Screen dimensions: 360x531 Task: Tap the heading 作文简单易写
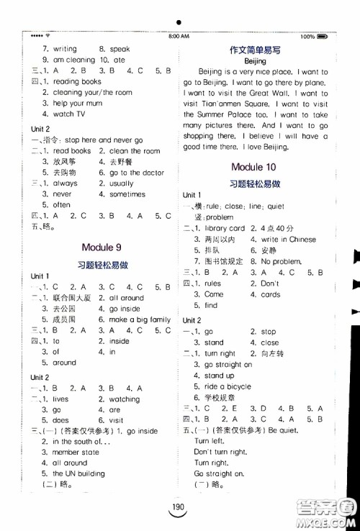(255, 50)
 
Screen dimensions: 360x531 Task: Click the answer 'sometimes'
(127, 194)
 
